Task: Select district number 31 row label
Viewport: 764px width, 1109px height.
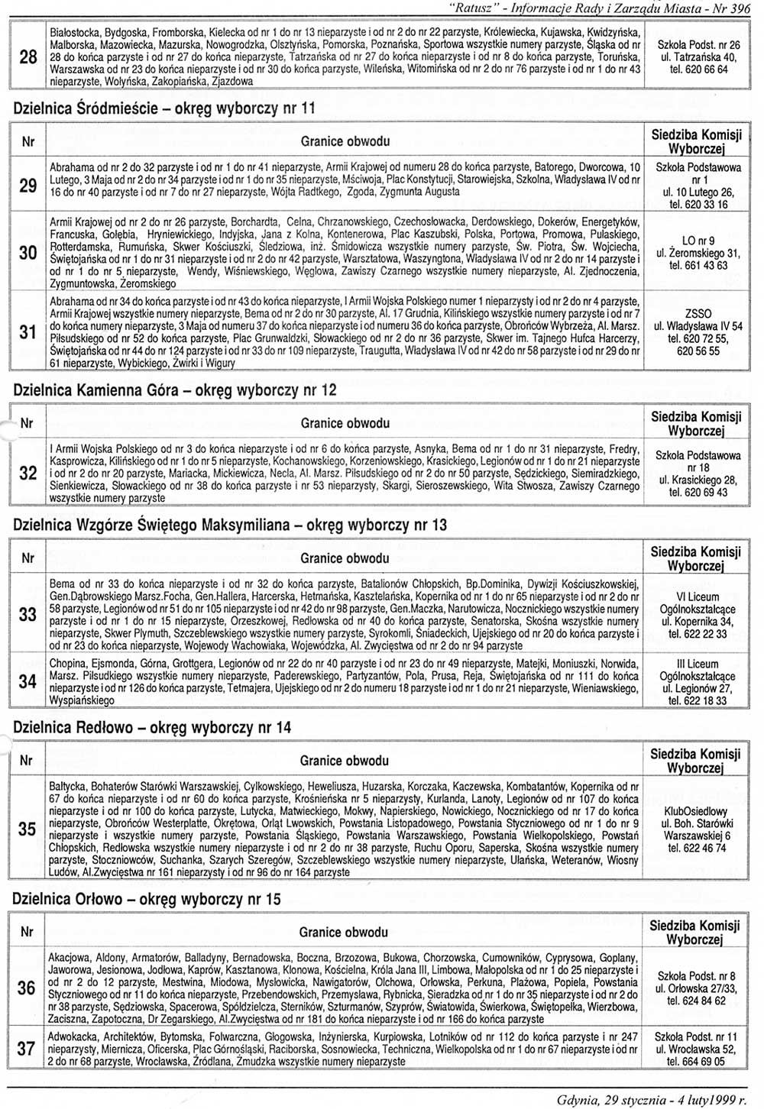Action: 28,331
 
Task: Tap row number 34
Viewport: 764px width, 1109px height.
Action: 28,681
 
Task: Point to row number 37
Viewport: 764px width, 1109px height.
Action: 27,1049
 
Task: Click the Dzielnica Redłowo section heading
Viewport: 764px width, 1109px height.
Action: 153,728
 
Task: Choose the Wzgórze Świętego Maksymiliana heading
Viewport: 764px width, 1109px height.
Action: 230,525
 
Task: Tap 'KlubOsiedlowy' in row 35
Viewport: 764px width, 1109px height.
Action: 696,811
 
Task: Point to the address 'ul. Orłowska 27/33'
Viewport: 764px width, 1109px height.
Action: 696,988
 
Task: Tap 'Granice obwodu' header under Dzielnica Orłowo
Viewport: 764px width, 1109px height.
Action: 344,932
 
